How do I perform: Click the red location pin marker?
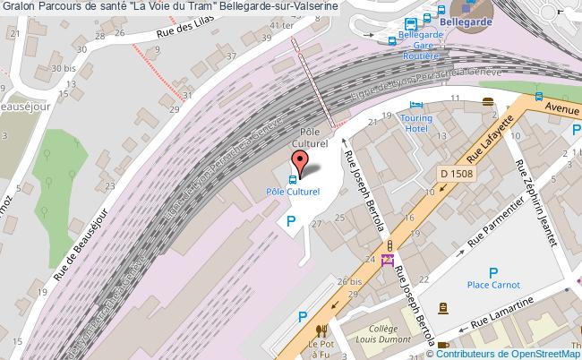point(302,161)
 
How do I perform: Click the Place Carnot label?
point(492,285)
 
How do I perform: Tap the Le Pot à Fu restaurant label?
point(321,347)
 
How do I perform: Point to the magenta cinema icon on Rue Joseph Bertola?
point(388,260)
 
